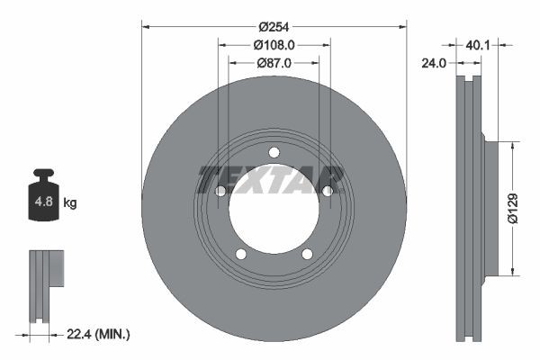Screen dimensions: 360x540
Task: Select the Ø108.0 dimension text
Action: pyautogui.click(x=274, y=43)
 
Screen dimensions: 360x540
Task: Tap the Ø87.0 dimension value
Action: pyautogui.click(x=274, y=63)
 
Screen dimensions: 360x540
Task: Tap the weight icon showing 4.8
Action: pyautogui.click(x=43, y=200)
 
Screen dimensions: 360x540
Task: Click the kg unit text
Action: pyautogui.click(x=70, y=203)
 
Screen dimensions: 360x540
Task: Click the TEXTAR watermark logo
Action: pyautogui.click(x=270, y=179)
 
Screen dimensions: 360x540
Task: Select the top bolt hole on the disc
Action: pyautogui.click(x=274, y=151)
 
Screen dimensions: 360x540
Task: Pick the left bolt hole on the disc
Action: pyautogui.click(x=220, y=191)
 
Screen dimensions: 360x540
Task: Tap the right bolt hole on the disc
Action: pyautogui.click(x=327, y=191)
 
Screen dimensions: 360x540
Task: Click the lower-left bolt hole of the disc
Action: pyautogui.click(x=240, y=254)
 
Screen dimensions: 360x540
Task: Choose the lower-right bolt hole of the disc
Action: pyautogui.click(x=307, y=254)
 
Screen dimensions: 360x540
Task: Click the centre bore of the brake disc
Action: pyautogui.click(x=274, y=208)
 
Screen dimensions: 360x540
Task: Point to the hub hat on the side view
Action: pyautogui.click(x=491, y=208)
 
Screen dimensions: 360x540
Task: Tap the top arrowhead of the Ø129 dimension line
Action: pyautogui.click(x=513, y=144)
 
